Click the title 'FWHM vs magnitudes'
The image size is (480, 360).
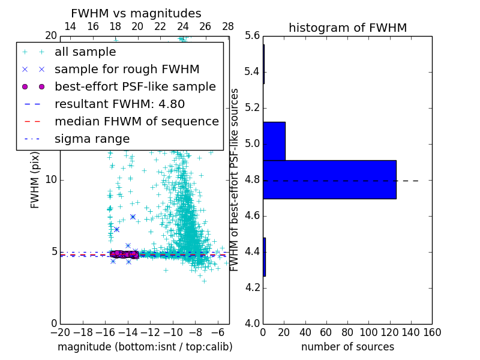point(136,14)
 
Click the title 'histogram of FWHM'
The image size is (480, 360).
point(347,28)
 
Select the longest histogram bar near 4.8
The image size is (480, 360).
point(329,179)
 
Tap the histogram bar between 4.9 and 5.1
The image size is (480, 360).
point(274,141)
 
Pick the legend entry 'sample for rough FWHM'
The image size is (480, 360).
point(127,69)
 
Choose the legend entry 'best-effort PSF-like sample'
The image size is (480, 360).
point(135,86)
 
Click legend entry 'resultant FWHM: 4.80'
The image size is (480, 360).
point(119,104)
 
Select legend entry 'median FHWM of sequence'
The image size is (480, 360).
point(136,121)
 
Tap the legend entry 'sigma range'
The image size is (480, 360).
point(92,139)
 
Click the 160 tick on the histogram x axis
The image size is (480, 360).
point(432,332)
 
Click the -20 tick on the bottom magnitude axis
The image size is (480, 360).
point(60,332)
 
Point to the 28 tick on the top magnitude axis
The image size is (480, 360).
point(228,27)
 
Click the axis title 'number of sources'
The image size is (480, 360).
point(347,347)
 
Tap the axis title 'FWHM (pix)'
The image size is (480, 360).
point(35,180)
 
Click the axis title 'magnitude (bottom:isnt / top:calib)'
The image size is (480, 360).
point(145,347)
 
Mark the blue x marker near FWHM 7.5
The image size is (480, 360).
point(133,217)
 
